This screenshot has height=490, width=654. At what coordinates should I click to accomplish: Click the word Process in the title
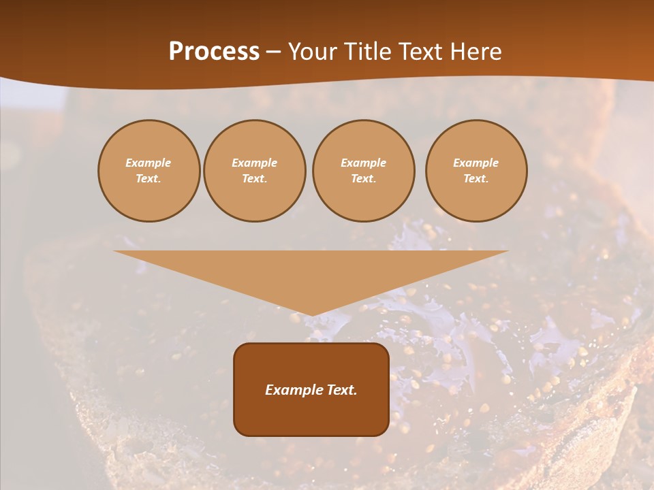[x=214, y=52]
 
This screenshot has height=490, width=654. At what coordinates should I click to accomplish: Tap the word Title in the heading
[x=365, y=52]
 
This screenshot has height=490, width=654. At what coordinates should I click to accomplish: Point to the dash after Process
[x=273, y=52]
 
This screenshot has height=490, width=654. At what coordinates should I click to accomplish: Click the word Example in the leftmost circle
[x=149, y=163]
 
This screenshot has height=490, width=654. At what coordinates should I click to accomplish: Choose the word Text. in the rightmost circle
[x=476, y=178]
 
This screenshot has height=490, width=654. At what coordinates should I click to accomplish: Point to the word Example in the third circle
[x=363, y=163]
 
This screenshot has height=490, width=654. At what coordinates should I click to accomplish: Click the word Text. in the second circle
[x=254, y=178]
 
